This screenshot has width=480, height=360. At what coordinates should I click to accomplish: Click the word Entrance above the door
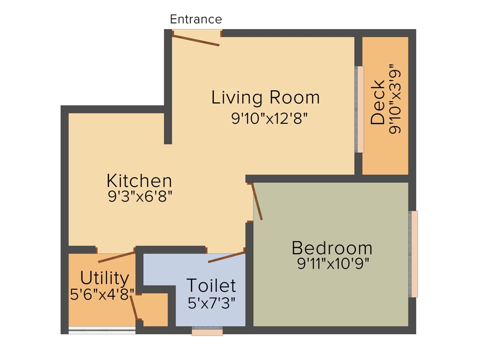(195, 20)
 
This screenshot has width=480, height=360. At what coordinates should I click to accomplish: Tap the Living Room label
(265, 97)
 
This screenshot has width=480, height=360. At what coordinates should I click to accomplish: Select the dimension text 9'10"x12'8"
(269, 118)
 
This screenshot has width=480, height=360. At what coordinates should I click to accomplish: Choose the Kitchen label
(139, 180)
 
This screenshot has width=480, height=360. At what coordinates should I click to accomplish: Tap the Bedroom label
(332, 247)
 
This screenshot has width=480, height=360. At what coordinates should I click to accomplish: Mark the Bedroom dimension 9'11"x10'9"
(333, 263)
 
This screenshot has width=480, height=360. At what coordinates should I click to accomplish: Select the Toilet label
(211, 285)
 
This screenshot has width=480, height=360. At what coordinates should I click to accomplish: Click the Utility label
(105, 278)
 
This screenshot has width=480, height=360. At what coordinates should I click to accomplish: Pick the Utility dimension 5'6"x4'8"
(102, 294)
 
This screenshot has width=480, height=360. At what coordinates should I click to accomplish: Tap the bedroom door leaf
(257, 202)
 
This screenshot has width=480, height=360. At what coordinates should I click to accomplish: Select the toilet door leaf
(226, 257)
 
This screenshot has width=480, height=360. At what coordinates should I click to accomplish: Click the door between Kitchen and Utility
(116, 257)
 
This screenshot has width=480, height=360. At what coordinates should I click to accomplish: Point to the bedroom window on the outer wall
(413, 254)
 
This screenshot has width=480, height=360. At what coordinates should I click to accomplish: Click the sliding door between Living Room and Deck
(359, 109)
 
